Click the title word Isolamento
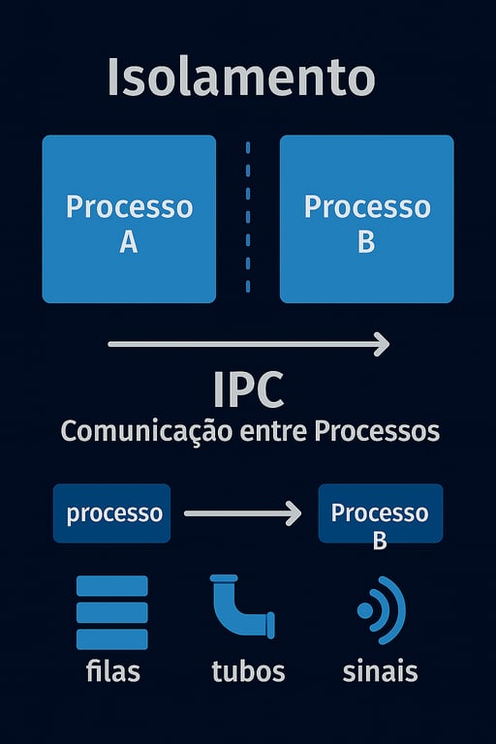pos(240,77)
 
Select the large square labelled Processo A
pos(129,219)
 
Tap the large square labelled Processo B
pos(366,219)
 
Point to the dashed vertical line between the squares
pos(248,218)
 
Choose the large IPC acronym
pos(248,389)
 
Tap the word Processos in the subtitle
pos(378,431)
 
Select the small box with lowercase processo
pos(112,513)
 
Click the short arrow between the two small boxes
pos(242,513)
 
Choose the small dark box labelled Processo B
pos(380,513)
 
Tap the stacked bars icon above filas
pos(111,612)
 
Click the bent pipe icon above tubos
pos(241,608)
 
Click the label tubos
pos(248,670)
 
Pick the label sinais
pos(380,670)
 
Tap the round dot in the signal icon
pos(365,610)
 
